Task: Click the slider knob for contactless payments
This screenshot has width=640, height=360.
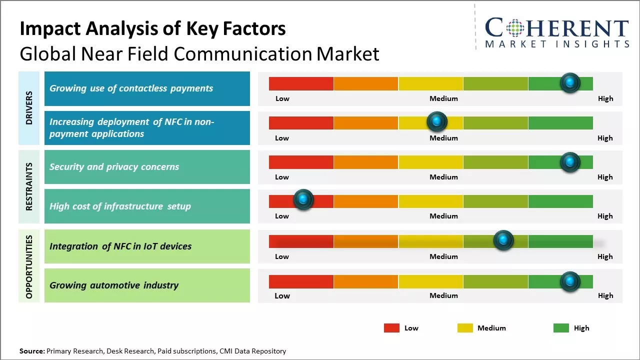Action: point(570,83)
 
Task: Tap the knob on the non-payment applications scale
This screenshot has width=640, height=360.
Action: point(437,121)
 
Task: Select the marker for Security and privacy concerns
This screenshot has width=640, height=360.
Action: point(570,162)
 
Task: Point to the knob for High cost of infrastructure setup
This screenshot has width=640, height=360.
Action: point(303,199)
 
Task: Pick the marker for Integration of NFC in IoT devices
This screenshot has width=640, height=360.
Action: point(503,240)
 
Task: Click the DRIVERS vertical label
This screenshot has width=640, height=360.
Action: point(29,108)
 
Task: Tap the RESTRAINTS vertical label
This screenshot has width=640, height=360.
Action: point(29,186)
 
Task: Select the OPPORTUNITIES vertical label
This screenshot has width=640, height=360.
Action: point(29,266)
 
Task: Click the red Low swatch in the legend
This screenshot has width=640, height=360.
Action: point(391,328)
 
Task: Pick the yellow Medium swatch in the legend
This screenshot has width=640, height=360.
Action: point(465,328)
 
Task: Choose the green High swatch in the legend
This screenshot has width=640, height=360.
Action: point(561,328)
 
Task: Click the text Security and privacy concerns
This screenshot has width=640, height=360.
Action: point(114,167)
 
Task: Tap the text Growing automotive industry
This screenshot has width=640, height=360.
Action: point(114,285)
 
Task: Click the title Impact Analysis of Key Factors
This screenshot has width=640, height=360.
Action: point(152,29)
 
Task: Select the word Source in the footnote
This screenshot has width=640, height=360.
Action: point(31,351)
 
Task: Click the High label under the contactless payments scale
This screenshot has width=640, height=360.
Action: point(605,98)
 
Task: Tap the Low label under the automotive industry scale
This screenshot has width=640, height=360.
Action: point(282,295)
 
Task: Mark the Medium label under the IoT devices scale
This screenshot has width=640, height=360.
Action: point(443,256)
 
